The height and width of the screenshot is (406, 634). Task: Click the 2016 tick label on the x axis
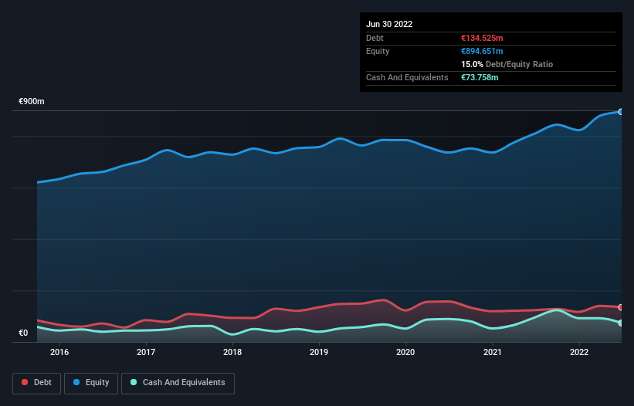[x=59, y=353]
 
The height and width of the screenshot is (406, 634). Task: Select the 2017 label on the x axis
[x=146, y=353]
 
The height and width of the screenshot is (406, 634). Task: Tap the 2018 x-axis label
[x=232, y=353]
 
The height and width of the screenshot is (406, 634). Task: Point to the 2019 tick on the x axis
[x=319, y=353]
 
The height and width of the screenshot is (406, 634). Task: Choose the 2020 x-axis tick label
[x=405, y=353]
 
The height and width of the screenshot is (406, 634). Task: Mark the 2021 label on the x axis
[x=492, y=353]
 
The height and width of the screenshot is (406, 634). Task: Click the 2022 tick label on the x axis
[x=578, y=353]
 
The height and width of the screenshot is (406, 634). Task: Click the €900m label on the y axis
[x=32, y=102]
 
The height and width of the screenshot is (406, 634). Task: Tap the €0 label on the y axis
[x=23, y=333]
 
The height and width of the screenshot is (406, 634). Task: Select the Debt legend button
[x=36, y=383]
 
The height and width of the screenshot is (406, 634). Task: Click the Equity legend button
[x=91, y=383]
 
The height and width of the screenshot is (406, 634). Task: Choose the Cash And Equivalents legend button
[x=178, y=383]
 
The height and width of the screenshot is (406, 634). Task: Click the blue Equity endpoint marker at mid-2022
[x=620, y=112]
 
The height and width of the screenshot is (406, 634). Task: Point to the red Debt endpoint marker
[x=620, y=307]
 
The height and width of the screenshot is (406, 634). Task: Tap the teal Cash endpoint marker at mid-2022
[x=620, y=323]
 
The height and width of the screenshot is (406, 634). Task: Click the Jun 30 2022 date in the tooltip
[x=389, y=24]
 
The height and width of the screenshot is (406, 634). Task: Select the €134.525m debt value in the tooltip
[x=482, y=38]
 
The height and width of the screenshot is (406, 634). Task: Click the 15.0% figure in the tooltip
[x=472, y=64]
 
